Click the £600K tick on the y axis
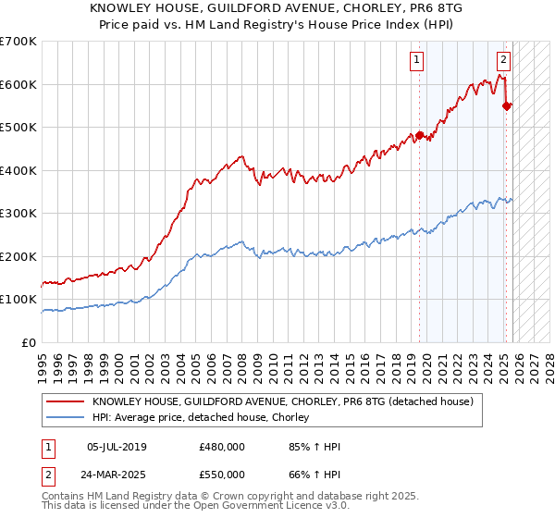[18, 84]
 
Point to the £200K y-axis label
[18, 256]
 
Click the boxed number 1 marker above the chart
[417, 61]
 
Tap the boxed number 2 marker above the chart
[503, 61]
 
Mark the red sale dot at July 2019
[419, 135]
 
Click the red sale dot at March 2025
[507, 105]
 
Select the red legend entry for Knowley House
[283, 401]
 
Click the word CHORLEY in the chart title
[338, 7]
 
